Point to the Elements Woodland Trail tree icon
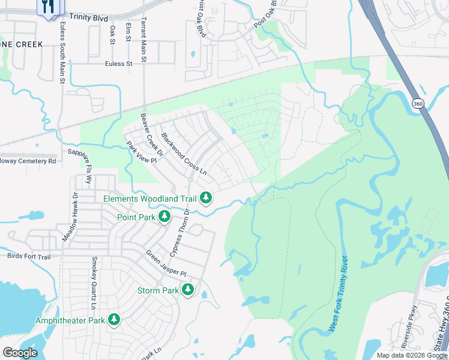(x=206, y=197)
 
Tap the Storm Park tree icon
(x=188, y=290)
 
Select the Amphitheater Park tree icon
(x=113, y=320)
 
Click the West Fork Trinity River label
(x=339, y=295)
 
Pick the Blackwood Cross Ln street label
(x=184, y=154)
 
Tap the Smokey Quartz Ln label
(x=94, y=283)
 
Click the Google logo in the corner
(x=20, y=352)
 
